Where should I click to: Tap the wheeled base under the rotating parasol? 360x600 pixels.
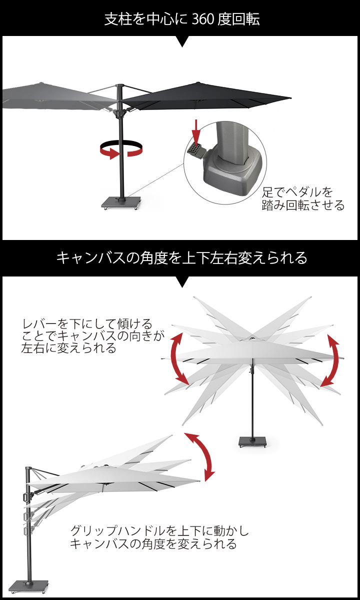pyautogui.click(x=121, y=203)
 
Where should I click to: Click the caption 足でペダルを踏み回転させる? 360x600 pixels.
pyautogui.click(x=302, y=198)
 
